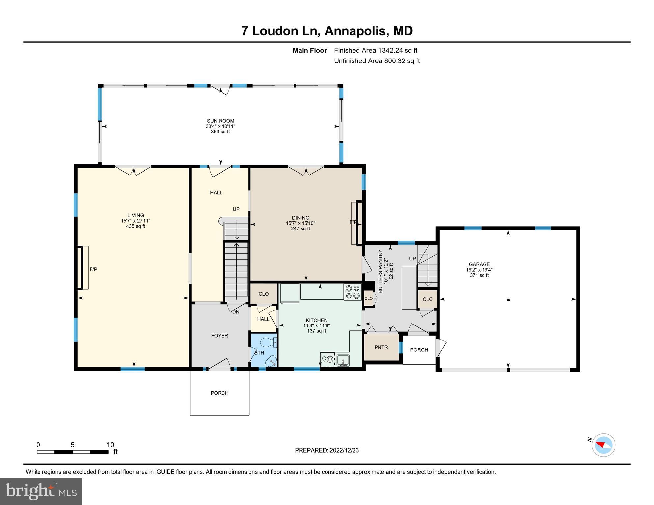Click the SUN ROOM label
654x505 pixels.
tap(221, 121)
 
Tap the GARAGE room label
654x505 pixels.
tap(479, 264)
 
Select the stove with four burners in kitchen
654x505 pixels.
tap(352, 292)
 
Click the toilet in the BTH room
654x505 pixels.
tap(268, 343)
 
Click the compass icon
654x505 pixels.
tap(603, 445)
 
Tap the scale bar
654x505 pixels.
tap(73, 452)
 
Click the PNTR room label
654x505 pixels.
tap(381, 347)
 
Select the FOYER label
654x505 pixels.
tap(220, 336)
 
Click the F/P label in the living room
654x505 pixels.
tap(93, 269)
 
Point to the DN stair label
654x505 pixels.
tap(236, 312)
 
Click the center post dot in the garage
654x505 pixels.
tap(509, 300)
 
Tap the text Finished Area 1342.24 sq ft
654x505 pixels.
tap(376, 50)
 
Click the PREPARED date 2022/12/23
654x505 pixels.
tap(327, 450)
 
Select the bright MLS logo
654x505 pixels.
tap(41, 492)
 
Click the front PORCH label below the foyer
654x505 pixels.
tap(220, 393)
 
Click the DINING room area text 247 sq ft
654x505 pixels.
tap(301, 228)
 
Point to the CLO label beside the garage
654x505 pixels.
tap(428, 299)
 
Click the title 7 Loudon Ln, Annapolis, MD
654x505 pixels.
tap(327, 31)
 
